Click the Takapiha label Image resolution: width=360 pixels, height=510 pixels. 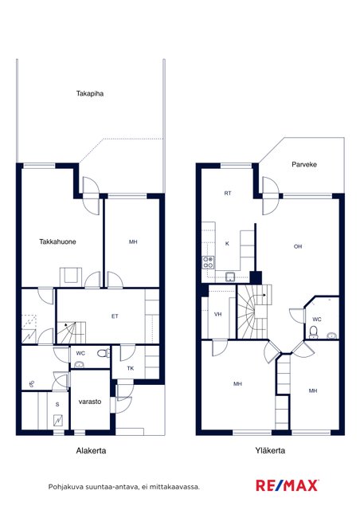90,94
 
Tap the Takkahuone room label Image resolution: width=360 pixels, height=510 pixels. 57,241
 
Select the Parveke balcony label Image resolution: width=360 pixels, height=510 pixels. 304,164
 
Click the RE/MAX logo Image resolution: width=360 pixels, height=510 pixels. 287,485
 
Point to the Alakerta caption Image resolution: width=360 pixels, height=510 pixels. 91,450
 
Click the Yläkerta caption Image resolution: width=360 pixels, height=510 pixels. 270,450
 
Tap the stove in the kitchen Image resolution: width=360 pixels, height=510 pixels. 208,262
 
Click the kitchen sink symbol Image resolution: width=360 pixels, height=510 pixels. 230,277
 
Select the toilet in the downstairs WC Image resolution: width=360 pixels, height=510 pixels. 104,353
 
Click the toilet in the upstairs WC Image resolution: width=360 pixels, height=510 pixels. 314,332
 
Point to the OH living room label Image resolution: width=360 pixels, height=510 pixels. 298,246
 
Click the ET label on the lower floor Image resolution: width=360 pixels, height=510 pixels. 115,316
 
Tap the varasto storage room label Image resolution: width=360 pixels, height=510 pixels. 90,402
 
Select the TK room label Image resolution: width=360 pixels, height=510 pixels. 131,368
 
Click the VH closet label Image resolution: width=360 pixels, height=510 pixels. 218,314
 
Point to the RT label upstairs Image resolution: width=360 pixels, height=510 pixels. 228,193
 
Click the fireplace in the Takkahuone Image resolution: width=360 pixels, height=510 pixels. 71,277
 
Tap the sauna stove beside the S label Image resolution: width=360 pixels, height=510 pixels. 59,421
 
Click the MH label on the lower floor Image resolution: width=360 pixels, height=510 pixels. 133,241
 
